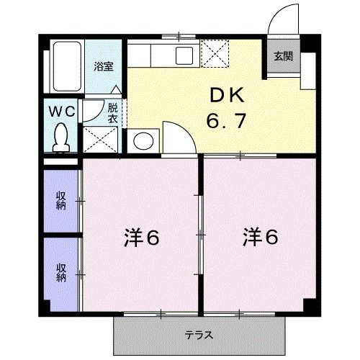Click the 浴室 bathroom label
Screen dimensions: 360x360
click(x=104, y=66)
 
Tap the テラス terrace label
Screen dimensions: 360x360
click(x=198, y=335)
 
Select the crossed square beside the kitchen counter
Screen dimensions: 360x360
click(x=215, y=53)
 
